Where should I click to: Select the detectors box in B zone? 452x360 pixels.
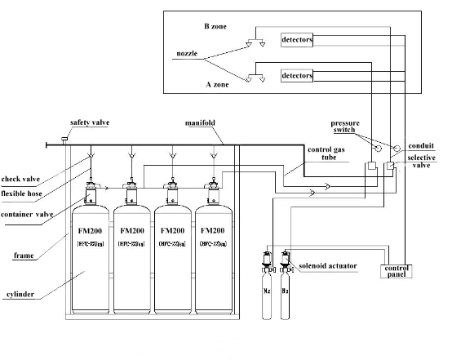297,39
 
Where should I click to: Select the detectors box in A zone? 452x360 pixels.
297,76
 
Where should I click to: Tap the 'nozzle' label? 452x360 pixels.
187,54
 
